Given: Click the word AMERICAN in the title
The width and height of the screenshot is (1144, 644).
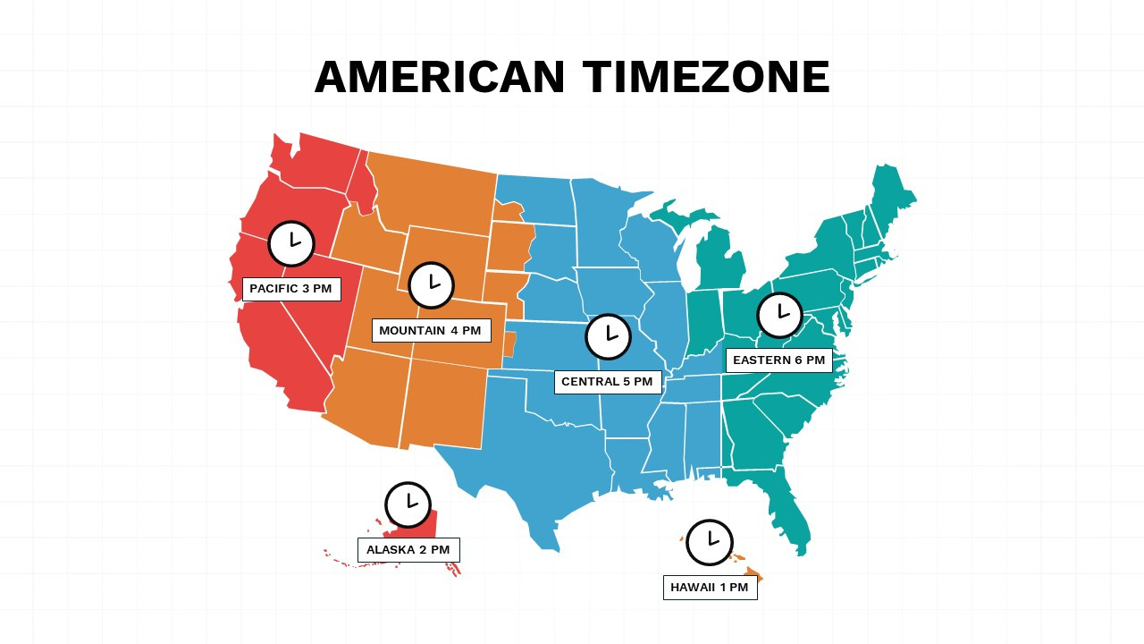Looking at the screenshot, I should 440,77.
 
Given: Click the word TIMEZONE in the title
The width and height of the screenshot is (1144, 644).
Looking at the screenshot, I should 706,77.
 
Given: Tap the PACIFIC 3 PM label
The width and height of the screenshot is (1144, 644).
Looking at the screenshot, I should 291,289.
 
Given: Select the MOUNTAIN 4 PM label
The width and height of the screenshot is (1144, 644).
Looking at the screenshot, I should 431,331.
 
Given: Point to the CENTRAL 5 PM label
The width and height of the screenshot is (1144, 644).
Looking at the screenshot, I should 608,382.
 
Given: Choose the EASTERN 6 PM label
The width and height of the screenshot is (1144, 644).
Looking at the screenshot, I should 778,360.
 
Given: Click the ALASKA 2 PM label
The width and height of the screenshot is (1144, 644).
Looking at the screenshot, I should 408,550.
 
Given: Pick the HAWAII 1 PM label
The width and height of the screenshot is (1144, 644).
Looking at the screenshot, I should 710,588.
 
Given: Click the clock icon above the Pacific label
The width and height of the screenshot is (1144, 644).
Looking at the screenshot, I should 291,243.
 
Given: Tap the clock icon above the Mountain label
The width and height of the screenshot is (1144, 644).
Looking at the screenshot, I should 432,285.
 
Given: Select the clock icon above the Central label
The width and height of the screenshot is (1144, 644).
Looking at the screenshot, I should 609,337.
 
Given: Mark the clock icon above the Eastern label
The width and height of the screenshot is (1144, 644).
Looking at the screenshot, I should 780,315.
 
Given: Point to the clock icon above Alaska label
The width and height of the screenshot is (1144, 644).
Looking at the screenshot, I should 408,504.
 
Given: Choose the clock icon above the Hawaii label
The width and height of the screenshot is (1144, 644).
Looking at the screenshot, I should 710,542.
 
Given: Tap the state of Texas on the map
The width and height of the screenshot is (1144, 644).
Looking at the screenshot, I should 536,465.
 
